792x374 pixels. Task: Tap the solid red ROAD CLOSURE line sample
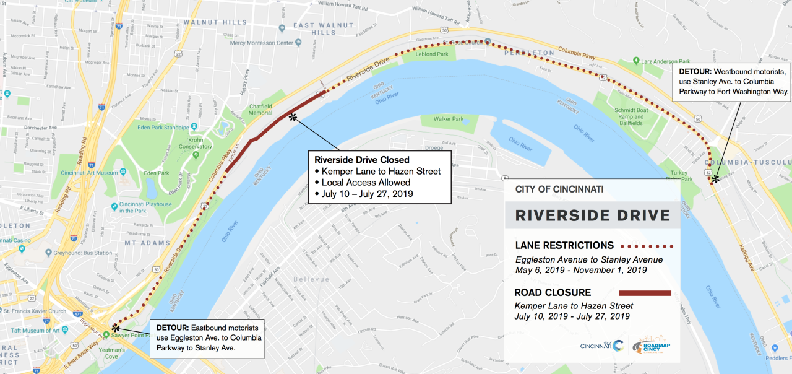point(645,293)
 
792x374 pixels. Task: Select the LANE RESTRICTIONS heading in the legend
point(564,245)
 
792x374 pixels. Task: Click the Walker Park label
point(449,118)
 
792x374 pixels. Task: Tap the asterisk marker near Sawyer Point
point(116,326)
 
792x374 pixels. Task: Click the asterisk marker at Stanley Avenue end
point(715,179)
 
